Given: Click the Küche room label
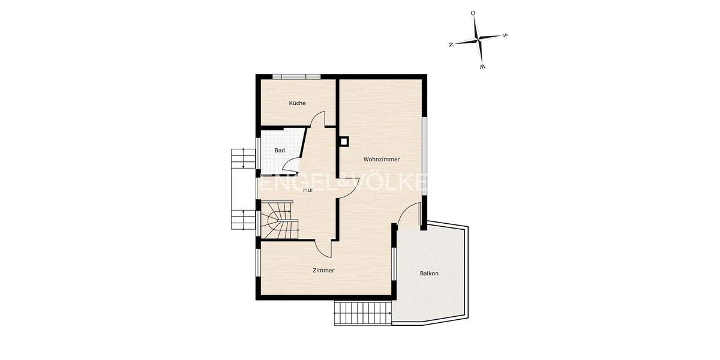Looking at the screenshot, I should click(297, 103).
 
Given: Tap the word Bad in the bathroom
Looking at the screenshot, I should click(280, 151).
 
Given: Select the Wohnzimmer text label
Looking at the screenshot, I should click(381, 160).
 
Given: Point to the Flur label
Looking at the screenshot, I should click(308, 190).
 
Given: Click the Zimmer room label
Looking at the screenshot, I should click(323, 271).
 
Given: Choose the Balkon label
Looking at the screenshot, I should click(429, 274).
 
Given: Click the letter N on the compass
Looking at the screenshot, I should click(451, 44).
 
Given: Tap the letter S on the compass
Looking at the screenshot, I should click(505, 35).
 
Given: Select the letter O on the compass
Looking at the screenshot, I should click(473, 13).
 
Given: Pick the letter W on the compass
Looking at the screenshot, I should click(482, 67).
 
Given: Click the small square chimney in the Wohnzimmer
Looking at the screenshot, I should click(344, 142).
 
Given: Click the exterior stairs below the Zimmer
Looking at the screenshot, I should click(363, 313).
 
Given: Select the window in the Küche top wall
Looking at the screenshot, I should click(296, 76).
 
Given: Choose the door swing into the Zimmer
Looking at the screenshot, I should click(324, 247).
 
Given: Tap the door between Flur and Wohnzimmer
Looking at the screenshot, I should click(348, 187).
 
